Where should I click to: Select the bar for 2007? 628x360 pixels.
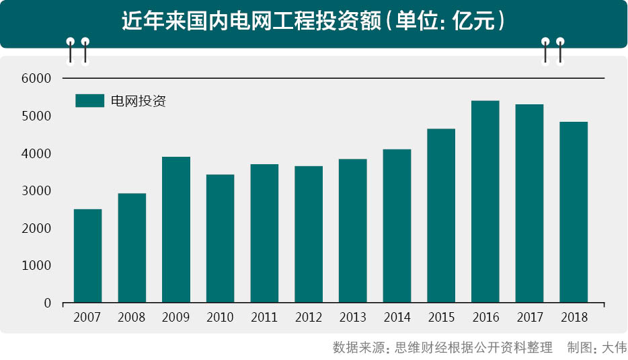pyautogui.click(x=87, y=256)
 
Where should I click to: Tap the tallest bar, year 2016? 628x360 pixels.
pyautogui.click(x=485, y=202)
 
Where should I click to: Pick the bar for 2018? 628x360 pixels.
pyautogui.click(x=574, y=213)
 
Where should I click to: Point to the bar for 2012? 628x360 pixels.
pyautogui.click(x=309, y=235)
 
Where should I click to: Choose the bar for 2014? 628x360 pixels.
pyautogui.click(x=397, y=226)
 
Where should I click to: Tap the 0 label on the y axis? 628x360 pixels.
pyautogui.click(x=48, y=303)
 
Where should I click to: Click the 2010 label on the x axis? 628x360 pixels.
pyautogui.click(x=220, y=317)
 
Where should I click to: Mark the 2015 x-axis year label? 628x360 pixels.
pyautogui.click(x=441, y=317)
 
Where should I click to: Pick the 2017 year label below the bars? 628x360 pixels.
pyautogui.click(x=529, y=317)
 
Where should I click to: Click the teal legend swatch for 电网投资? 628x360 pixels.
pyautogui.click(x=89, y=101)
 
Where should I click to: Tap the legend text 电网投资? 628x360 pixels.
pyautogui.click(x=138, y=101)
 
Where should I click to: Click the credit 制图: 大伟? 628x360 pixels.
pyautogui.click(x=596, y=347)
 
